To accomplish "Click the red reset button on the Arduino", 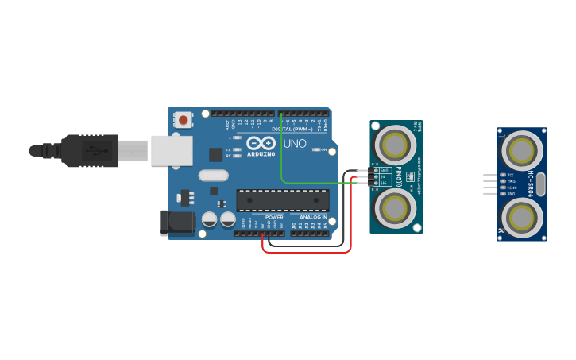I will click(184, 121).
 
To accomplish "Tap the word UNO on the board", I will click(295, 144).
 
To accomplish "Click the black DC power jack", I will click(177, 223).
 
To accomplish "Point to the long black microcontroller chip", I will click(282, 200).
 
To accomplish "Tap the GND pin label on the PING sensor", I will click(384, 170).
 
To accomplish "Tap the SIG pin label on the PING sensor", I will click(384, 183).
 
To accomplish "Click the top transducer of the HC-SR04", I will click(522, 150).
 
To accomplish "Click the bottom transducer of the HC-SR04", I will click(522, 216).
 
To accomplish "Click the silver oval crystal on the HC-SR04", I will click(541, 184).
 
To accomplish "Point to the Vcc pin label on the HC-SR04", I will click(511, 175).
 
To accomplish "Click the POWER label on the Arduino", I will click(274, 217).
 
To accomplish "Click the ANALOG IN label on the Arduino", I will click(313, 217).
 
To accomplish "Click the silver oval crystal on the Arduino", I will click(213, 176).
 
